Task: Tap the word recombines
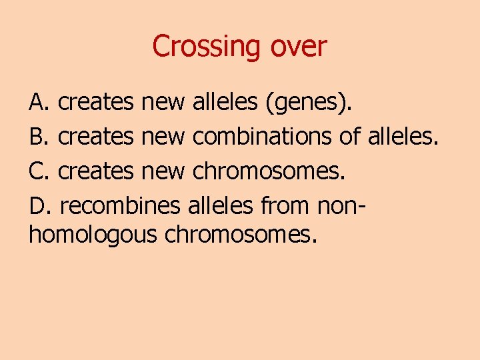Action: pyautogui.click(x=119, y=205)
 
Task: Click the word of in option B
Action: pyautogui.click(x=349, y=137)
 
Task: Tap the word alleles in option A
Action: pyautogui.click(x=225, y=103)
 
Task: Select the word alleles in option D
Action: pyautogui.click(x=221, y=205)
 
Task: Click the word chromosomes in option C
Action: pyautogui.click(x=269, y=171)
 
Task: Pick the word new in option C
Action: pyautogui.click(x=163, y=171)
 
